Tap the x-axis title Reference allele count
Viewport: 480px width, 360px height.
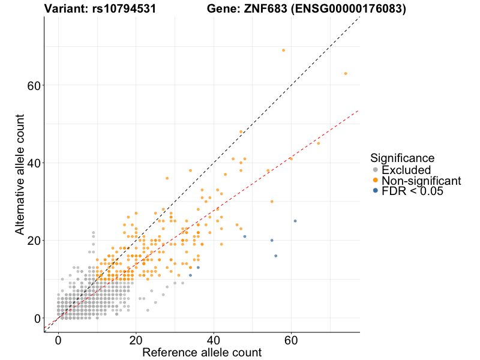202,352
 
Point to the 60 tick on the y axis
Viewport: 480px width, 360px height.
35,85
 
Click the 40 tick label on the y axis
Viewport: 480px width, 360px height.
35,163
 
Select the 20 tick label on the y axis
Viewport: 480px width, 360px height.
35,241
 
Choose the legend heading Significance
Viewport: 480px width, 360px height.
402,158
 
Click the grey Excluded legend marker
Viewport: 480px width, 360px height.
375,170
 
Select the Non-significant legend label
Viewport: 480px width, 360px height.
421,181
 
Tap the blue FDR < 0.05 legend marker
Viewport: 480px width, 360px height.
375,191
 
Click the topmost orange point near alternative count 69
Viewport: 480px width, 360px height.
284,50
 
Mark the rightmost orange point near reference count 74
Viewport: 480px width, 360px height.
346,73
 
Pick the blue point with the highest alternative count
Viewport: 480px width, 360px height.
295,221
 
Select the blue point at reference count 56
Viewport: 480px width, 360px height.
276,256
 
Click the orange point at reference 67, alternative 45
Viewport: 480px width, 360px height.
319,143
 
